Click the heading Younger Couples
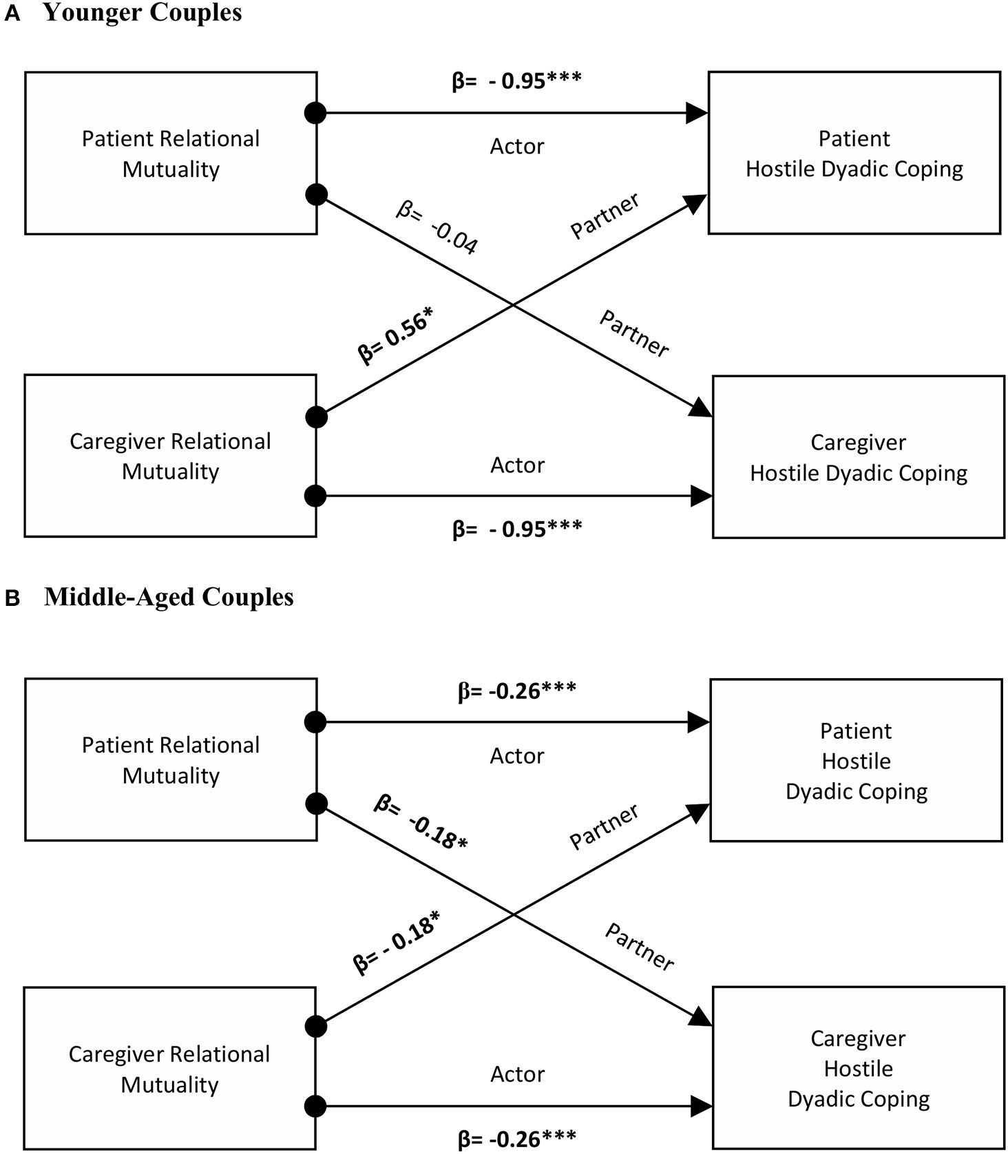pyautogui.click(x=143, y=13)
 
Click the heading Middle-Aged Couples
pyautogui.click(x=169, y=597)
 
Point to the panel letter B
pyautogui.click(x=12, y=598)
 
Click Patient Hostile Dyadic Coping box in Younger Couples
pyautogui.click(x=854, y=153)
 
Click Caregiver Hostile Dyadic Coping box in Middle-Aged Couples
pyautogui.click(x=858, y=1068)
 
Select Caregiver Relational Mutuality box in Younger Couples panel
pyautogui.click(x=170, y=456)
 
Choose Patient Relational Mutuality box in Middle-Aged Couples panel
pyautogui.click(x=171, y=759)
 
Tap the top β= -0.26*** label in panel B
pyautogui.click(x=517, y=691)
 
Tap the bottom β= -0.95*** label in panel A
pyautogui.click(x=517, y=529)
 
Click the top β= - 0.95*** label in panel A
pyautogui.click(x=516, y=81)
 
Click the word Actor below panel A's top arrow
pyautogui.click(x=517, y=146)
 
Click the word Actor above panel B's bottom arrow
pyautogui.click(x=517, y=1073)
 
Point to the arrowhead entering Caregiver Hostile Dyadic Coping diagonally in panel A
pyautogui.click(x=702, y=409)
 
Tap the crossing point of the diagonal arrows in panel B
pyautogui.click(x=513, y=914)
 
